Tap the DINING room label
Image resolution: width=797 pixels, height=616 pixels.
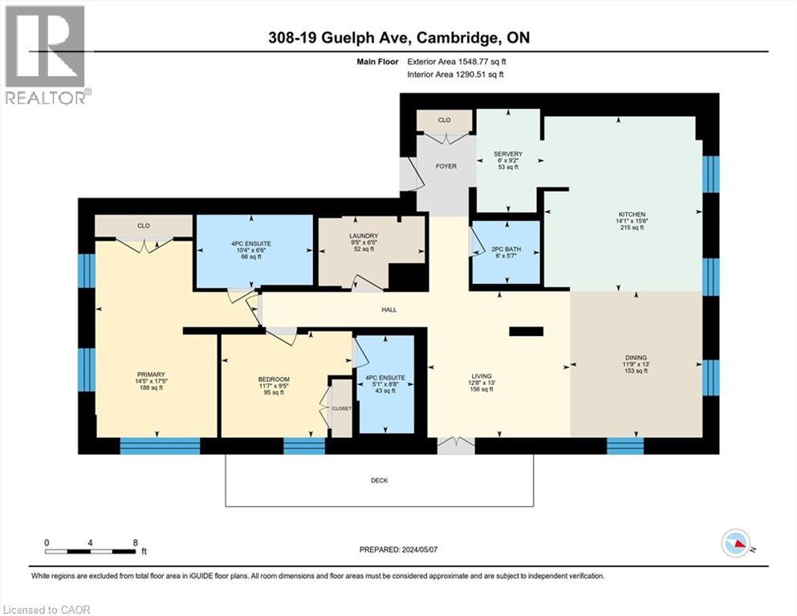coord(636,358)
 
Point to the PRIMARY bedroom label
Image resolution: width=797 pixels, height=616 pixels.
coord(151,375)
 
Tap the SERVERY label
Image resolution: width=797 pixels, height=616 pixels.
coord(508,154)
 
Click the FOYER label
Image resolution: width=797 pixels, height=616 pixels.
coord(446,166)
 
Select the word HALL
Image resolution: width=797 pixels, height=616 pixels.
coord(388,310)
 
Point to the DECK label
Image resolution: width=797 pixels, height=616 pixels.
coord(380,480)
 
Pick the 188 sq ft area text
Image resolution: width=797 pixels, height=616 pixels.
coord(151,388)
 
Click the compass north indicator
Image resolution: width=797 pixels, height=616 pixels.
coord(736,544)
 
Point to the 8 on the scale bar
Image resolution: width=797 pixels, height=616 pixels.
coord(134,542)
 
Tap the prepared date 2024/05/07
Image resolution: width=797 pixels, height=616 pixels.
coord(397,550)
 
